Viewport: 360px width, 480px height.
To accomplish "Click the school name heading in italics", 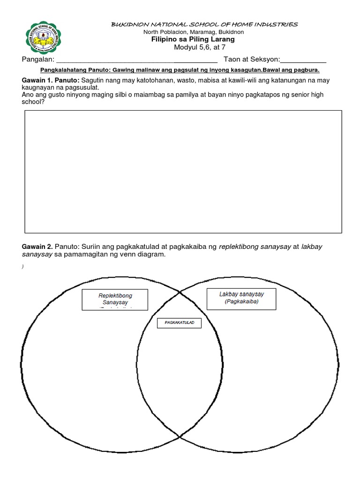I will coord(204,24).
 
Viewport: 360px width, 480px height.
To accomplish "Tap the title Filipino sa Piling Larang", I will coord(200,39).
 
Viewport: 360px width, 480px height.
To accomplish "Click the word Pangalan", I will coord(37,60).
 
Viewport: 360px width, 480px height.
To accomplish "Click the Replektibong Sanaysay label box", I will coord(115,300).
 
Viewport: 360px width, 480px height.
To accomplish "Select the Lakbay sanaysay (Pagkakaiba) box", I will coord(241,298).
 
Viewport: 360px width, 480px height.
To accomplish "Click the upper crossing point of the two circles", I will coord(180,292).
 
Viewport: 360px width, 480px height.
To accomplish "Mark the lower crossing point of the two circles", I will coord(180,437).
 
